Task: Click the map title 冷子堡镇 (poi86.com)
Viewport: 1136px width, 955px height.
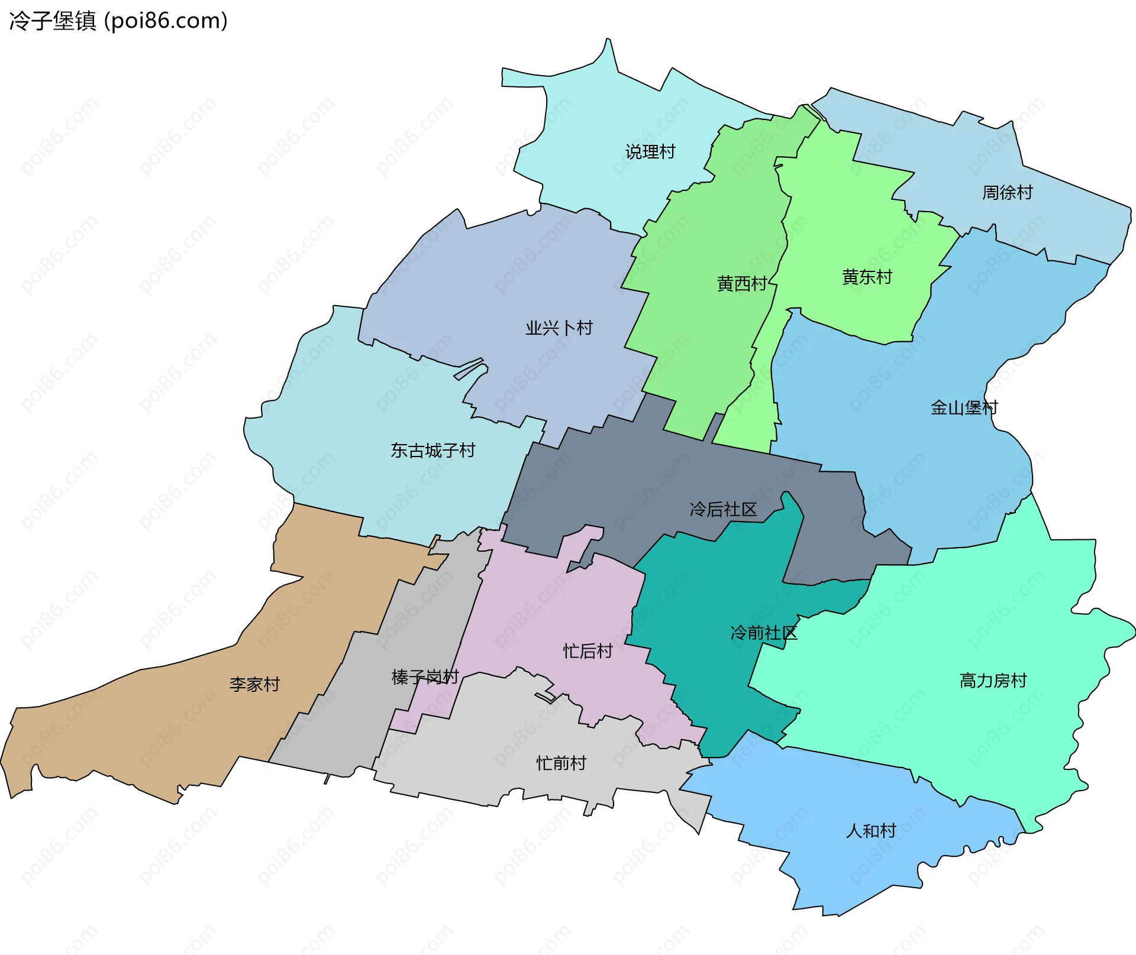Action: click(118, 21)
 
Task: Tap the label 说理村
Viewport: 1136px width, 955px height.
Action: click(650, 152)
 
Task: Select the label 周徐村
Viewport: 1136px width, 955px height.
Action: click(1007, 193)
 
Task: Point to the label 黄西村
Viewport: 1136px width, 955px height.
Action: click(742, 284)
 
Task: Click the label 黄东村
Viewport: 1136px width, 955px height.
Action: click(867, 277)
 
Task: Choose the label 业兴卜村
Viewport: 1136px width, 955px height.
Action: click(559, 328)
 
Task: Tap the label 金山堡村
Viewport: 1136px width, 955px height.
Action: click(964, 407)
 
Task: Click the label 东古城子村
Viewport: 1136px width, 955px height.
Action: click(433, 451)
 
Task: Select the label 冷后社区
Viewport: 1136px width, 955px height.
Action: click(723, 509)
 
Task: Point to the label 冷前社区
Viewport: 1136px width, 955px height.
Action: click(764, 633)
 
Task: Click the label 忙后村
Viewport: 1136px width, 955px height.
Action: click(588, 652)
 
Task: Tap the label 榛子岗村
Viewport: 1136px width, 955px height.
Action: click(425, 677)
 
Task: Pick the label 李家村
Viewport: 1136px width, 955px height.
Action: click(254, 685)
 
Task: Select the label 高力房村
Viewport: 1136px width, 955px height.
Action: click(993, 681)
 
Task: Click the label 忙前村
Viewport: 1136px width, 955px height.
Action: click(561, 763)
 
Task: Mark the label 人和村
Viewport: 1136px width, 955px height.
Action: click(871, 831)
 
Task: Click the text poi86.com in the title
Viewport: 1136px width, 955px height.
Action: click(165, 21)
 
